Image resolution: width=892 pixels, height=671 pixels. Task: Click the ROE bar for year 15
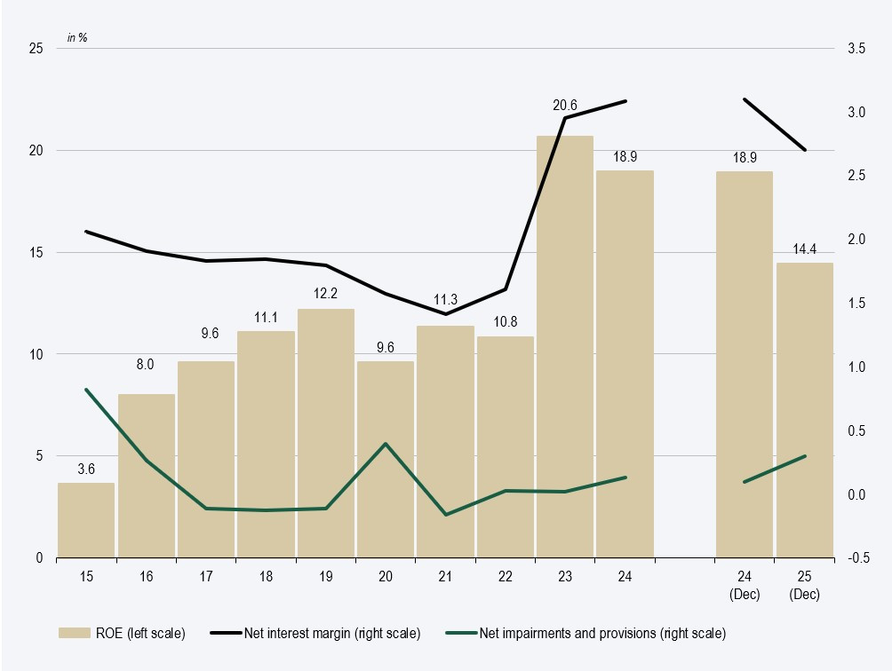86,520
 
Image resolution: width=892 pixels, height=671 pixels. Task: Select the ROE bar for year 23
565,346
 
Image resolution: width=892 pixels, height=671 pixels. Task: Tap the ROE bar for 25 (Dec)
804,410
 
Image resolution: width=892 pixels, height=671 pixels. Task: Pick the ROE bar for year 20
386,459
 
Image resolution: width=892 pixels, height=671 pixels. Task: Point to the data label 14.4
804,249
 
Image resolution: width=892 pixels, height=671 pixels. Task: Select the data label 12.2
326,294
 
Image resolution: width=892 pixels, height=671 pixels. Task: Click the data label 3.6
86,469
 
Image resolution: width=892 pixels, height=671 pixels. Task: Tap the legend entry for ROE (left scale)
122,633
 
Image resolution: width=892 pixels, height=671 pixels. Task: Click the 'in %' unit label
77,38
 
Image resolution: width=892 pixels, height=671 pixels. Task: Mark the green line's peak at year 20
386,444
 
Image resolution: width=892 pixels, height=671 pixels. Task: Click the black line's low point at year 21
445,314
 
